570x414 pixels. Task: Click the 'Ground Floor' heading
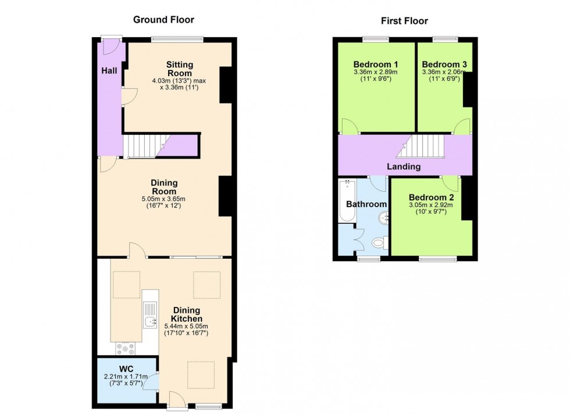click(163, 19)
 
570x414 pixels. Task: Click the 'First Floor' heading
click(404, 21)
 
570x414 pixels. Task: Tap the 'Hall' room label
click(109, 70)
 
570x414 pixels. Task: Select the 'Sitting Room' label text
click(179, 68)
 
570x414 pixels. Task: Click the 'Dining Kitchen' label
click(186, 315)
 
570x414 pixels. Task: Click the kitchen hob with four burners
click(126, 348)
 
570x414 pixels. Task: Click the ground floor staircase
click(142, 145)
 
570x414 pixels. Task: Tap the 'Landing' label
click(404, 167)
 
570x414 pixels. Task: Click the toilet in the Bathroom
click(378, 242)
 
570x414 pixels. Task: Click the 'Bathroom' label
click(366, 204)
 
